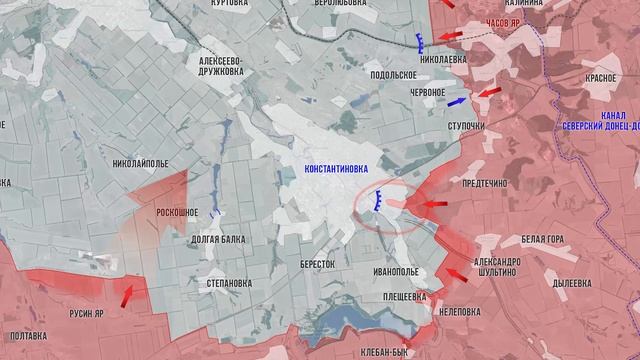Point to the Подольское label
coord(392,75)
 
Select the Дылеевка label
coord(573,283)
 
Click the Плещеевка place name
coord(404,296)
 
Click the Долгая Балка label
coord(218,239)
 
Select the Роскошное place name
coord(177,212)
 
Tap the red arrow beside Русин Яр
coord(127,295)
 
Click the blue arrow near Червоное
coord(457,102)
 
